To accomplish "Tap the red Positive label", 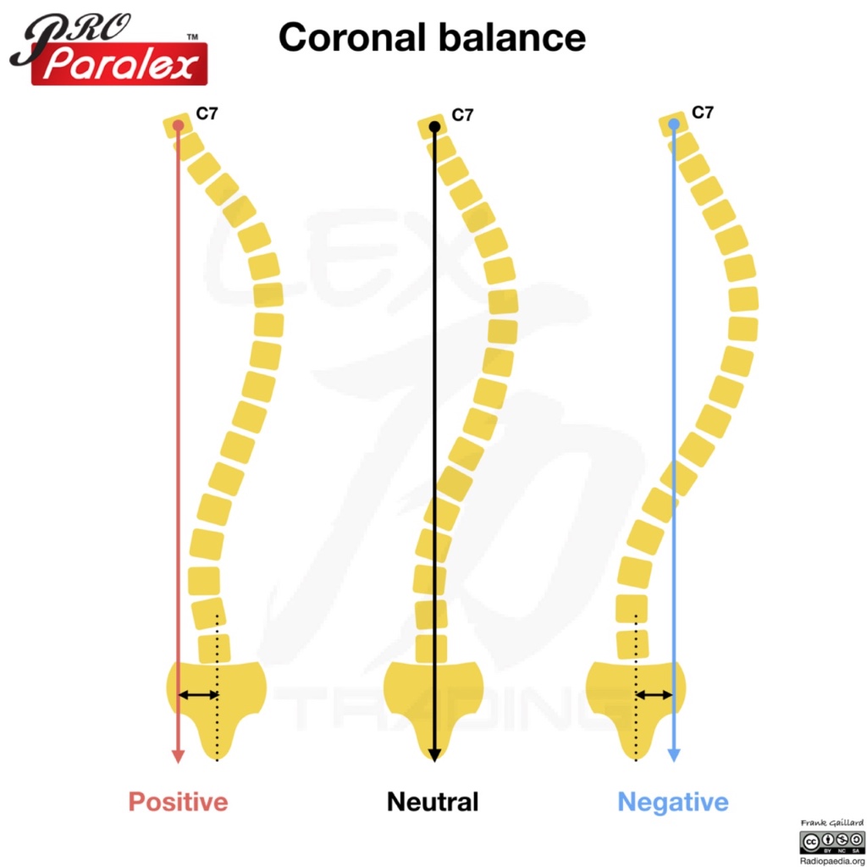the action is tap(178, 801).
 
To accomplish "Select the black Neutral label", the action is tap(433, 801).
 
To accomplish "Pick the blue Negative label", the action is tap(673, 801).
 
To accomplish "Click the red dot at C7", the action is tap(178, 126).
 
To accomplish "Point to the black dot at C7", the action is tap(434, 127).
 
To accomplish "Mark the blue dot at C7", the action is tap(674, 124).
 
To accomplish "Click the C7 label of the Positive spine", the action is tap(207, 113).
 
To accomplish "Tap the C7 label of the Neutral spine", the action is tap(462, 115).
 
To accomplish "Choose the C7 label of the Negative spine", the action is tap(703, 112).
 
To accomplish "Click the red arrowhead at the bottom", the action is tap(178, 754).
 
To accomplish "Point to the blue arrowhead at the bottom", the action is tap(674, 754).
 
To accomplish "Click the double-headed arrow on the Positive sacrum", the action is tap(198, 695).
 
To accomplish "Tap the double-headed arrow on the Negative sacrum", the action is tap(654, 695).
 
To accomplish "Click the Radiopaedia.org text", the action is tap(831, 859).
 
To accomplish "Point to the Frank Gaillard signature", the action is tap(831, 823).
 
